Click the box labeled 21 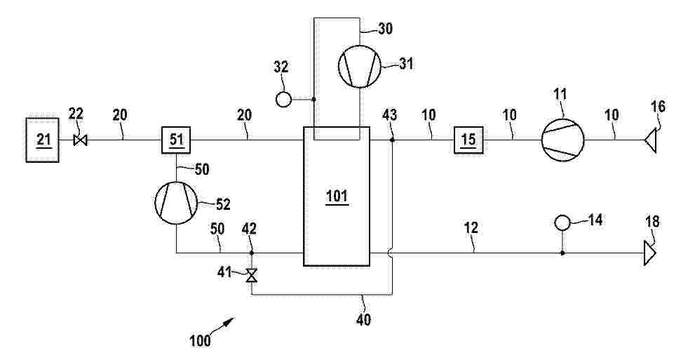pyautogui.click(x=43, y=140)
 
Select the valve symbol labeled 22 pyautogui.click(x=81, y=140)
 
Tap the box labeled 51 pyautogui.click(x=176, y=140)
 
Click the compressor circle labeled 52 pyautogui.click(x=176, y=203)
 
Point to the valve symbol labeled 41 pyautogui.click(x=252, y=276)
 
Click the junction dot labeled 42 pyautogui.click(x=251, y=253)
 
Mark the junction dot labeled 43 pyautogui.click(x=392, y=140)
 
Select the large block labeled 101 pyautogui.click(x=337, y=196)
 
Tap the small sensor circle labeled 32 pyautogui.click(x=283, y=100)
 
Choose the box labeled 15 pyautogui.click(x=468, y=140)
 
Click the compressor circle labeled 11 pyautogui.click(x=562, y=139)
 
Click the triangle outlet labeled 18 pyautogui.click(x=650, y=253)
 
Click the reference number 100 pyautogui.click(x=201, y=341)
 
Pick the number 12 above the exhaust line pyautogui.click(x=471, y=228)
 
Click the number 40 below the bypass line pyautogui.click(x=363, y=319)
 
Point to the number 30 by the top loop pyautogui.click(x=385, y=28)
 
